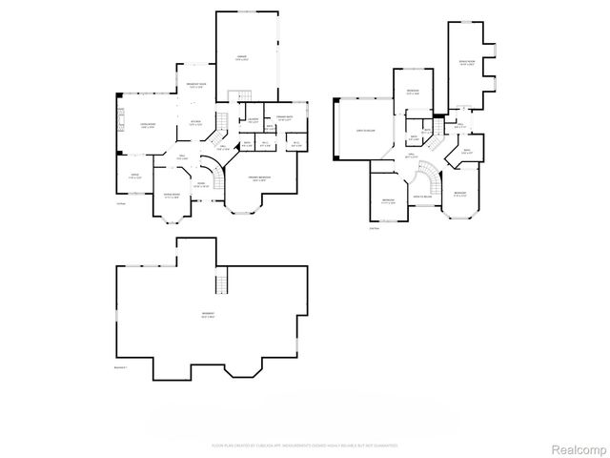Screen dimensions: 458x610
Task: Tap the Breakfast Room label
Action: [196, 87]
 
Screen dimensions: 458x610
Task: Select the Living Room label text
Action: [148, 126]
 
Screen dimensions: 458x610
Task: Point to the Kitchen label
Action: [194, 122]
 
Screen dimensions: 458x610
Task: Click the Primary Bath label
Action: [284, 118]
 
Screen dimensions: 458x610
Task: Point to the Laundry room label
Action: [254, 121]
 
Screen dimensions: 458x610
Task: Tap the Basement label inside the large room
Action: [208, 316]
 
